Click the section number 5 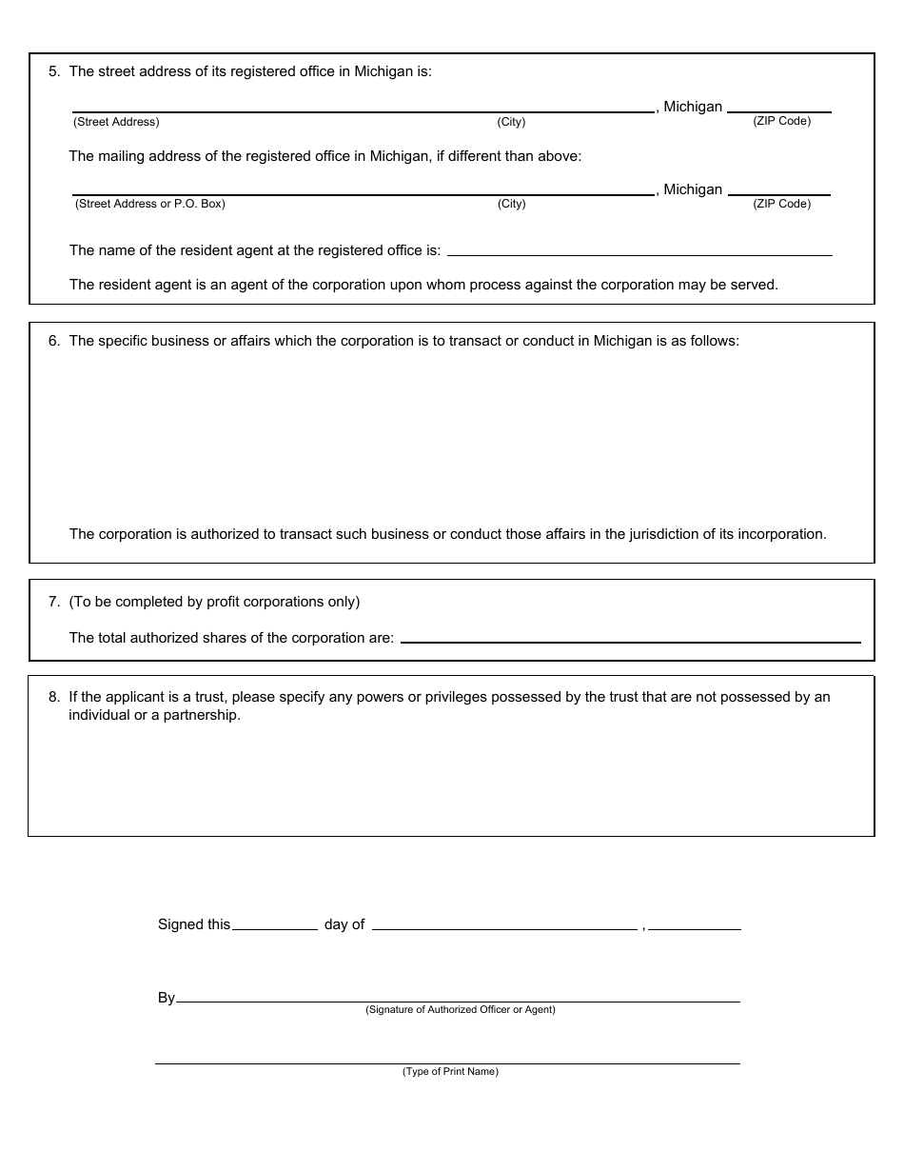point(53,71)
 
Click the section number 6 point(53,341)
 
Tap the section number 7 point(53,602)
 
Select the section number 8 point(53,697)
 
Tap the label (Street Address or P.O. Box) point(149,204)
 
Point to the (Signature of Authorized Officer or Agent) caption point(461,1010)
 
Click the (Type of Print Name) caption point(450,1072)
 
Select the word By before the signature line point(167,999)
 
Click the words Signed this point(194,924)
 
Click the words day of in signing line point(344,924)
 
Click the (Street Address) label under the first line point(116,122)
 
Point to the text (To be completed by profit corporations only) point(214,602)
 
